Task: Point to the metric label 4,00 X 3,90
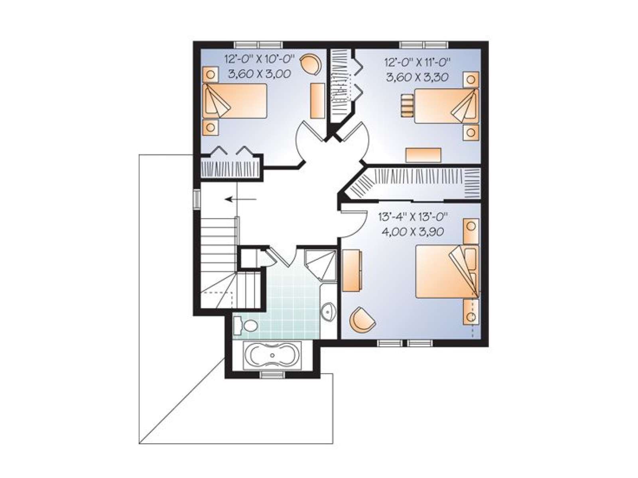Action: pos(412,231)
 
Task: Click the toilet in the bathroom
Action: pos(246,325)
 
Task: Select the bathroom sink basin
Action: pos(328,312)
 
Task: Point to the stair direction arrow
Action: pos(241,199)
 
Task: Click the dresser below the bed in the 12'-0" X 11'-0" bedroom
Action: pos(423,155)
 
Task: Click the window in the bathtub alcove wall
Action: pos(272,375)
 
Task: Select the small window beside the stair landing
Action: pos(197,199)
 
